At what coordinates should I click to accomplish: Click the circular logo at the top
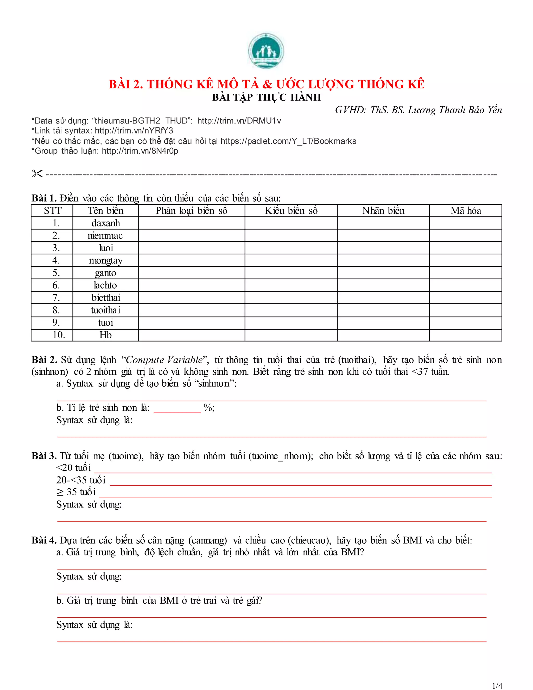coord(266,51)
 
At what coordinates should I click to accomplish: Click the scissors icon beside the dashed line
coord(37,173)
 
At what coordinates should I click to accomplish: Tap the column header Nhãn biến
coord(383,211)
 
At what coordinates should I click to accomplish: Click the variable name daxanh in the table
coord(105,223)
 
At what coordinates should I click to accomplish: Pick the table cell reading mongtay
coord(105,261)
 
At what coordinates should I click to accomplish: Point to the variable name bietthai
coord(105,298)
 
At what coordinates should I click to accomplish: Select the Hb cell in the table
coord(105,335)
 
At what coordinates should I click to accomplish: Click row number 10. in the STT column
coord(58,335)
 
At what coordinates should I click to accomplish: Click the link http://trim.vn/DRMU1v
coord(239,121)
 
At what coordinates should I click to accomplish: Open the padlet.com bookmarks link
coord(288,141)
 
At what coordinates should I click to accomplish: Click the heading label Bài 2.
coord(44,360)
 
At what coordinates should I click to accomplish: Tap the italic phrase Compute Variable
coord(164,360)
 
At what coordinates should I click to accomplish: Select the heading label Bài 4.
coord(44,540)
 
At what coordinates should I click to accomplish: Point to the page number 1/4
coord(497,686)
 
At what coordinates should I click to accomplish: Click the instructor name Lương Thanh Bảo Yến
coord(455,110)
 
